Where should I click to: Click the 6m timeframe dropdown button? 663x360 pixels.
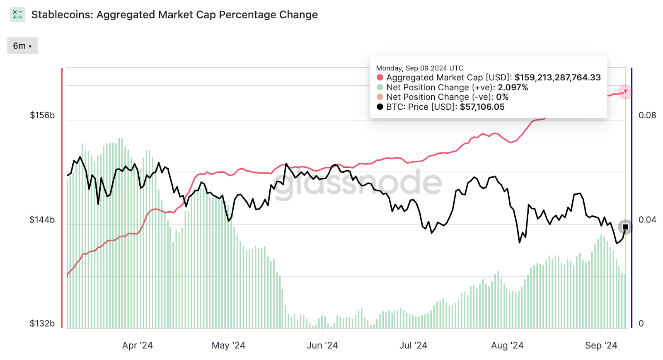click(x=22, y=46)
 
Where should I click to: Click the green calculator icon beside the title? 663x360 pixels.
click(x=17, y=15)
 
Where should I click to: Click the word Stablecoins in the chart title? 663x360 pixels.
click(x=61, y=15)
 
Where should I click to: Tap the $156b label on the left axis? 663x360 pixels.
click(x=42, y=116)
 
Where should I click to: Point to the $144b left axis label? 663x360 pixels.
click(x=42, y=220)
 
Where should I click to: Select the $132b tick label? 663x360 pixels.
click(x=42, y=324)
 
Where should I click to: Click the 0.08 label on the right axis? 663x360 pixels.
click(x=647, y=116)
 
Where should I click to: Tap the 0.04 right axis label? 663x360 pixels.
click(x=647, y=220)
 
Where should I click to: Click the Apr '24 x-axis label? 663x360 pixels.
click(x=138, y=346)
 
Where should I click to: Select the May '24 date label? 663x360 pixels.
click(x=228, y=346)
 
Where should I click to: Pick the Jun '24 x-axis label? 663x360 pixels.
click(x=322, y=346)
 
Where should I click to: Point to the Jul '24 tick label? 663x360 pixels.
click(x=413, y=346)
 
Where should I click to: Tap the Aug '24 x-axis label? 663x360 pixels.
click(x=507, y=346)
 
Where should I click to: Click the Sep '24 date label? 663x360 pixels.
click(x=601, y=346)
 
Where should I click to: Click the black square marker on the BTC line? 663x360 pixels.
click(x=626, y=227)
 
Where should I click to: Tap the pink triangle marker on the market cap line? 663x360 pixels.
click(x=626, y=92)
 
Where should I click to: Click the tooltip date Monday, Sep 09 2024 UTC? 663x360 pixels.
click(x=420, y=68)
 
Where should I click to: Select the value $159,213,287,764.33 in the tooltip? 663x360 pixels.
click(x=557, y=78)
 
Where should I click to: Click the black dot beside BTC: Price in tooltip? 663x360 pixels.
click(x=380, y=107)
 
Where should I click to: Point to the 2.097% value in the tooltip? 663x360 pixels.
click(x=513, y=87)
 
